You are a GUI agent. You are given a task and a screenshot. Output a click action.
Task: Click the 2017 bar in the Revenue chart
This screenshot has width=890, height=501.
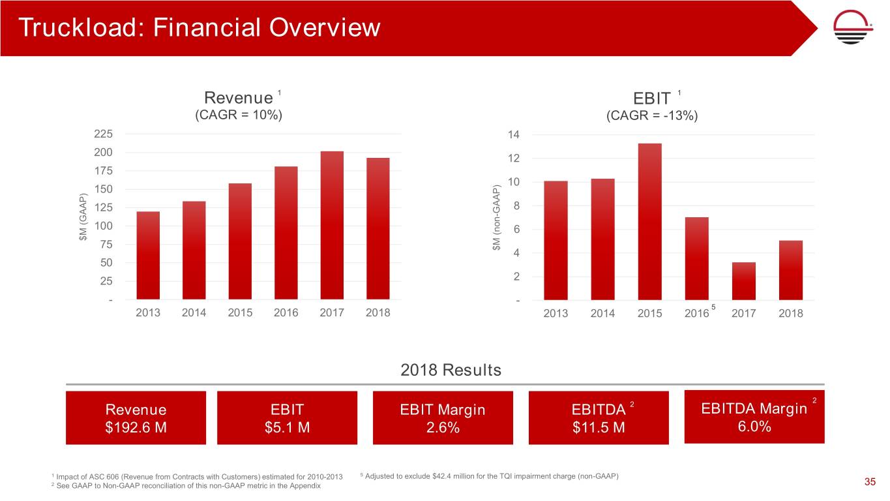click(332, 225)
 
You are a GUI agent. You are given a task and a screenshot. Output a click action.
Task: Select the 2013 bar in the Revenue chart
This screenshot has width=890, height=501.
click(148, 255)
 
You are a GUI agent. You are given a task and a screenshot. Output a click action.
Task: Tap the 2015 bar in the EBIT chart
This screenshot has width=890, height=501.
click(649, 221)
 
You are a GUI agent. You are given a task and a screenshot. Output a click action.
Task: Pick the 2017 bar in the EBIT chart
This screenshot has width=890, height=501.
click(744, 281)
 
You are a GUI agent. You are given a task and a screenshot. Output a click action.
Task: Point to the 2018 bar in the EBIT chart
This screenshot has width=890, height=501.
click(791, 269)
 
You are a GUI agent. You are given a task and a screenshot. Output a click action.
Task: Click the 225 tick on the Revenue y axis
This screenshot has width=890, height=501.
click(104, 134)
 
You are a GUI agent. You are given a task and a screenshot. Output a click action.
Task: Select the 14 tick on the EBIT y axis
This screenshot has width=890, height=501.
click(513, 135)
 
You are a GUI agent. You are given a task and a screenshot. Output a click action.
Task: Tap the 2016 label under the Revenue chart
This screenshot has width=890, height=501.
click(286, 312)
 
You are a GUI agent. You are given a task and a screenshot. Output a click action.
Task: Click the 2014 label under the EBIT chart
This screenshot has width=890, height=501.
click(602, 314)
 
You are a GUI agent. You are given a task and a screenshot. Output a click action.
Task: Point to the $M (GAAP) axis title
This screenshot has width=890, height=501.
click(83, 218)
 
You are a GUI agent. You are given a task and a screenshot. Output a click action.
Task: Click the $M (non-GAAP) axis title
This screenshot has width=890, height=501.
click(497, 218)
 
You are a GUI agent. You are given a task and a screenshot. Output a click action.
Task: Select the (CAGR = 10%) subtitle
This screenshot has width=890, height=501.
click(239, 115)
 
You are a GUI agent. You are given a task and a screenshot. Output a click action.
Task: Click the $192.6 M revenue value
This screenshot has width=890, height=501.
click(136, 428)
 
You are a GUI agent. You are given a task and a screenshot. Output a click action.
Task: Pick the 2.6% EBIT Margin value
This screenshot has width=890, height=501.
click(443, 428)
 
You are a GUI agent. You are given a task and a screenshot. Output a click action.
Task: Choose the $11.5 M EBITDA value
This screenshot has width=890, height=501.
click(598, 428)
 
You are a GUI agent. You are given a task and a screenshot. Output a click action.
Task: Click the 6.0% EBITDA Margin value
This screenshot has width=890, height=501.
click(754, 427)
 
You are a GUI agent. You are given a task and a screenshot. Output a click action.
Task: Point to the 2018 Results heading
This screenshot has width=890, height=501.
click(451, 370)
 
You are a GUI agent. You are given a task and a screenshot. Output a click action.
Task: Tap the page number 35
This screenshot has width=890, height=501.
click(869, 482)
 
